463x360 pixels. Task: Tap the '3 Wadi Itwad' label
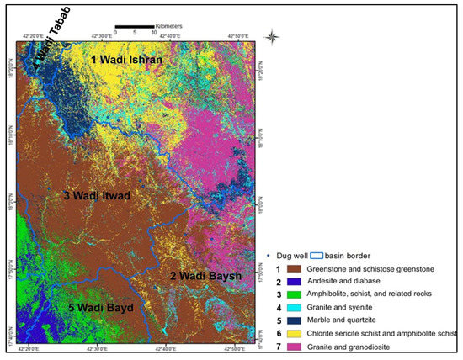97,196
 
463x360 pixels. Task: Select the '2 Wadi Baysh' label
207,276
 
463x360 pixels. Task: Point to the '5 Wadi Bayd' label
100,308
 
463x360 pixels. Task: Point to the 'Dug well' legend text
284,255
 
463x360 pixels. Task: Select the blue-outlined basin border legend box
317,255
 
